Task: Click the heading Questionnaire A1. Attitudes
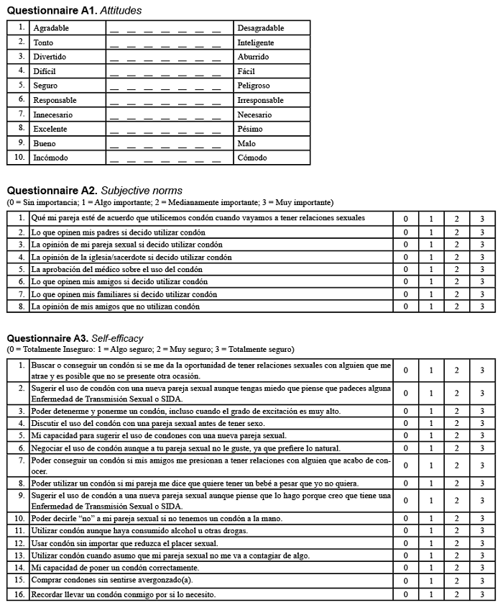pyautogui.click(x=74, y=11)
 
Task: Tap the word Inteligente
pyautogui.click(x=256, y=42)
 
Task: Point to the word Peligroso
pyautogui.click(x=254, y=86)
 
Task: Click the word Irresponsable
pyautogui.click(x=260, y=100)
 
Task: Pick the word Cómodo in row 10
pyautogui.click(x=252, y=158)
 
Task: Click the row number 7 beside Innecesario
pyautogui.click(x=22, y=114)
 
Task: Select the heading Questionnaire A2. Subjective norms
pyautogui.click(x=94, y=191)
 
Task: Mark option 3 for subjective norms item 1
pyautogui.click(x=482, y=218)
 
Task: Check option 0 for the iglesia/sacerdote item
pyautogui.click(x=405, y=257)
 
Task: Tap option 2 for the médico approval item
pyautogui.click(x=456, y=269)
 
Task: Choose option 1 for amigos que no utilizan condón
pyautogui.click(x=431, y=307)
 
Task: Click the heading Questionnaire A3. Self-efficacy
pyautogui.click(x=75, y=337)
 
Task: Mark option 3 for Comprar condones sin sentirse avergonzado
pyautogui.click(x=482, y=580)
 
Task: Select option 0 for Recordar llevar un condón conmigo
pyautogui.click(x=405, y=594)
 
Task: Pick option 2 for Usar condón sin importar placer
pyautogui.click(x=456, y=543)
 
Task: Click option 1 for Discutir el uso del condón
pyautogui.click(x=431, y=423)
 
